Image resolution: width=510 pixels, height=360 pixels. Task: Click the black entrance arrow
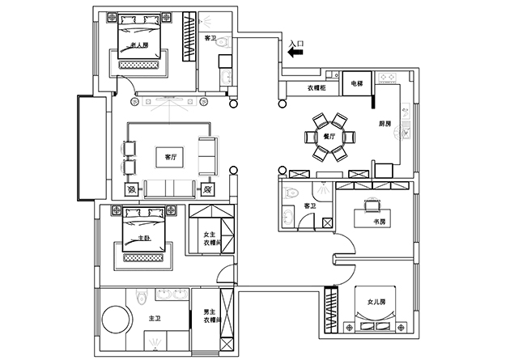[x=295, y=52]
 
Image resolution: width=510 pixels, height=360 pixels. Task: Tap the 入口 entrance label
[x=296, y=40]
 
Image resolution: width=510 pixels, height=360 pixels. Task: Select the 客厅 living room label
[x=171, y=157]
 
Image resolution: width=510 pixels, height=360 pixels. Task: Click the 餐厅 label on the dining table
[x=329, y=138]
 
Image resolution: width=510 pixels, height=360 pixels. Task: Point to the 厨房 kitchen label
[x=385, y=124]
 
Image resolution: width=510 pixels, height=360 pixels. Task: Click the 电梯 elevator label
[x=356, y=83]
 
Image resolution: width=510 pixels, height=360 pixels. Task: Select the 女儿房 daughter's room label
[x=376, y=302]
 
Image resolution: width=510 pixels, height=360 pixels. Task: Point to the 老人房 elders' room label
[x=139, y=44]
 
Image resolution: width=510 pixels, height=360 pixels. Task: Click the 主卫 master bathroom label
[x=154, y=320]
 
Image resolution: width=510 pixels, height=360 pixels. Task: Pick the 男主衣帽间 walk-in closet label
[x=211, y=316]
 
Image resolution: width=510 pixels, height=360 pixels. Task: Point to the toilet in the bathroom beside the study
[x=292, y=193]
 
